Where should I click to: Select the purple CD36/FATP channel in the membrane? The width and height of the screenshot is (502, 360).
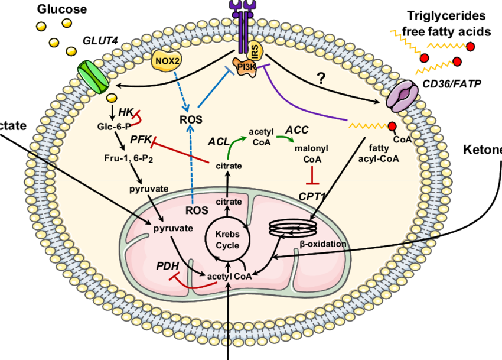[404, 97]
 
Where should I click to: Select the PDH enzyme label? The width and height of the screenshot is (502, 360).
[167, 266]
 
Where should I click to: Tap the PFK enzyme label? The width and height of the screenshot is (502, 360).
[141, 138]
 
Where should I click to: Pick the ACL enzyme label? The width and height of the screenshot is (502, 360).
[218, 141]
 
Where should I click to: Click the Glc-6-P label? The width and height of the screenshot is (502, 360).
[114, 126]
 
